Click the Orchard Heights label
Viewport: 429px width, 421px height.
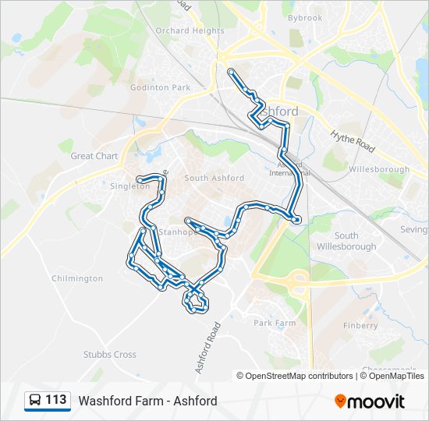point(190,31)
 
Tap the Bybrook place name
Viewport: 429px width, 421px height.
point(304,18)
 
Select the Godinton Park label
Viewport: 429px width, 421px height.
point(161,88)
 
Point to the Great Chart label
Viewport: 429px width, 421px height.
point(94,156)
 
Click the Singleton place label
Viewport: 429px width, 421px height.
point(129,186)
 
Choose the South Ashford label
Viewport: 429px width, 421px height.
point(214,179)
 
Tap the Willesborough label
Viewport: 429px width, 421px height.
point(379,169)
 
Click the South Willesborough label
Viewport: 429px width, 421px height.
point(346,241)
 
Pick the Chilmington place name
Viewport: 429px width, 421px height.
point(77,278)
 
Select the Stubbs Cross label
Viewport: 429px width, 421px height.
point(110,355)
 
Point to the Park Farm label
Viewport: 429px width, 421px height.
point(275,323)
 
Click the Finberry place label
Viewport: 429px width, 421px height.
point(360,326)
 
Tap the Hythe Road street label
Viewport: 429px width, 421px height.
point(353,141)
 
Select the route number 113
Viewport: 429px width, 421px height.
point(55,400)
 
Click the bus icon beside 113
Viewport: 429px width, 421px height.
point(34,401)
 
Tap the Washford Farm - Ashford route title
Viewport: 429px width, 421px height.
point(147,401)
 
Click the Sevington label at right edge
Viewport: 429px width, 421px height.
point(413,230)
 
